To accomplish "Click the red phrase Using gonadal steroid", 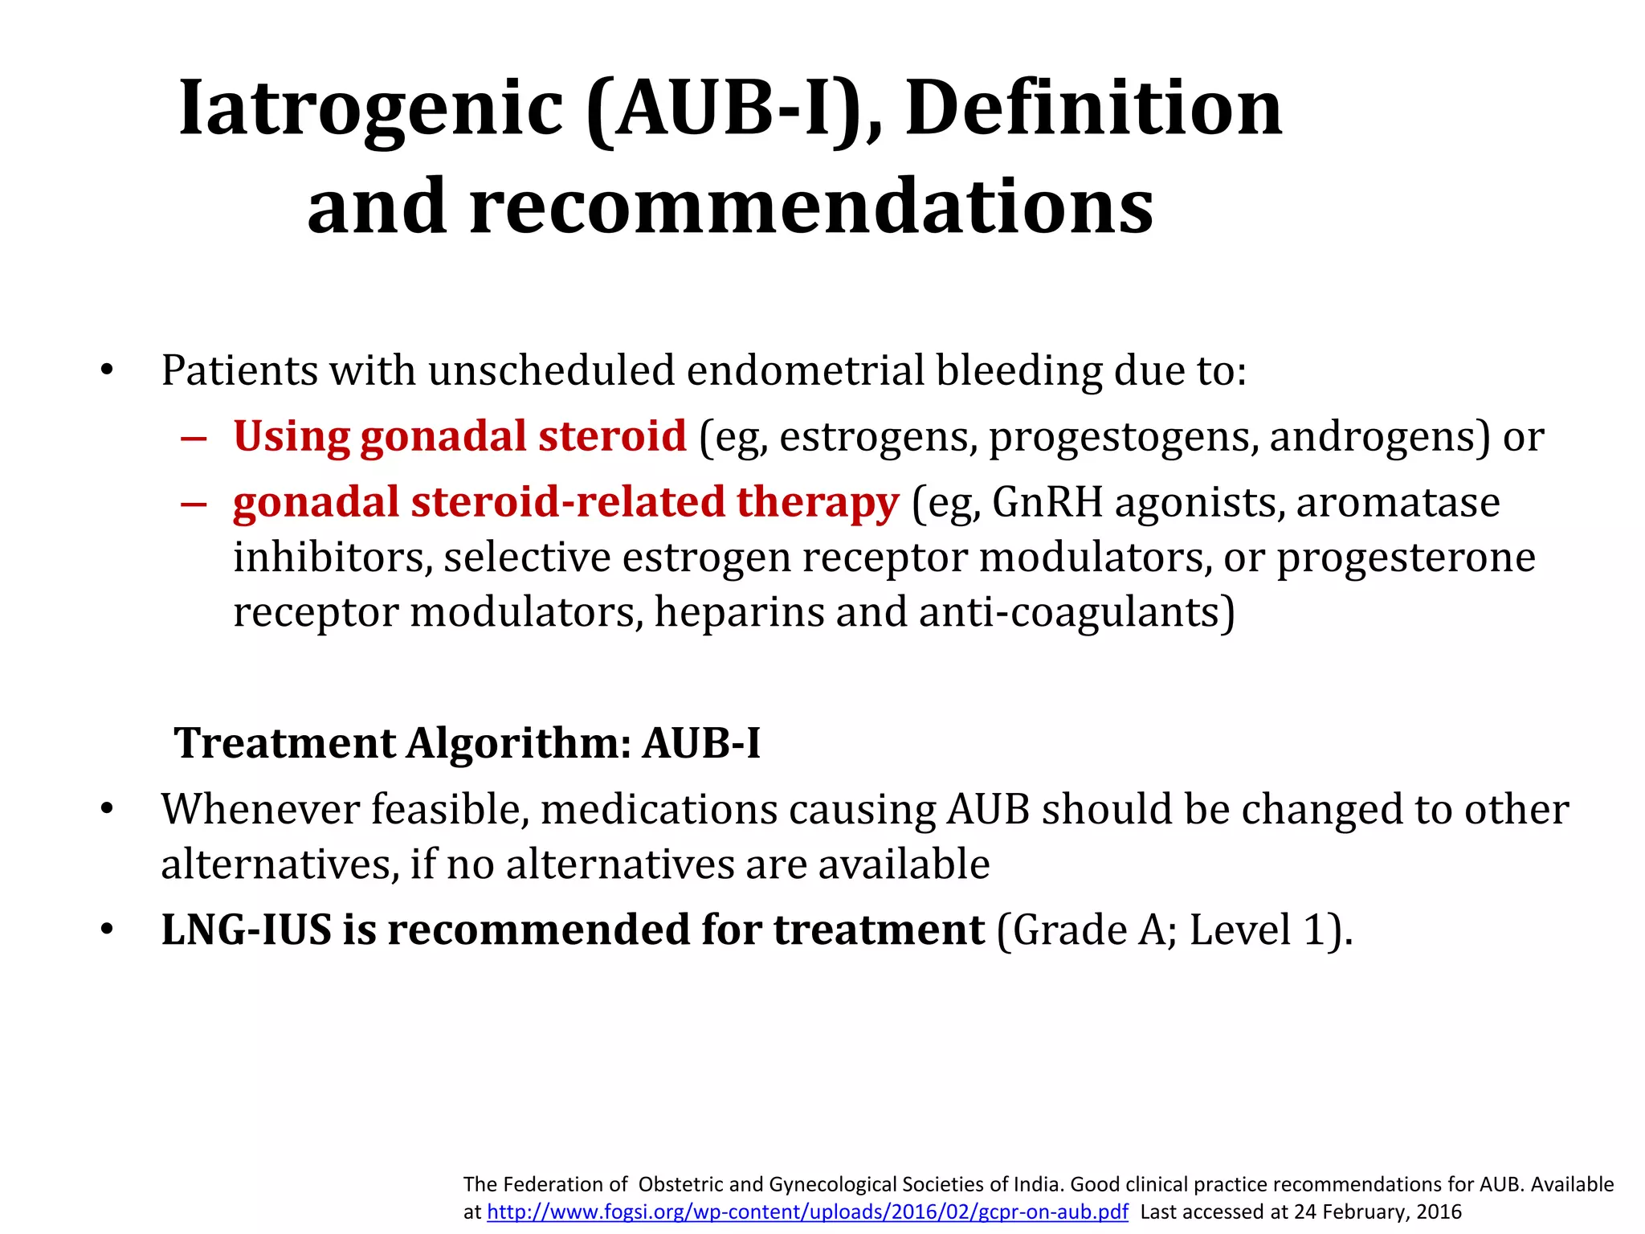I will pyautogui.click(x=459, y=436).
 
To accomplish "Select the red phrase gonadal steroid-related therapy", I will pyautogui.click(x=565, y=502).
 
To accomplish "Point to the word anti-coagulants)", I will pyautogui.click(x=1076, y=612).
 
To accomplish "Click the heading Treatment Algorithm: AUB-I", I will pyautogui.click(x=467, y=743).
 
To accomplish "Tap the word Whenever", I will pyautogui.click(x=259, y=809).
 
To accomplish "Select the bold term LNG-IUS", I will pyautogui.click(x=246, y=930).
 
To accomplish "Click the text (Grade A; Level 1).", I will pyautogui.click(x=1174, y=930).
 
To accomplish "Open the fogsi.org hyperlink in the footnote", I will pyautogui.click(x=807, y=1212).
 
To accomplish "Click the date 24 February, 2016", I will pyautogui.click(x=1378, y=1212).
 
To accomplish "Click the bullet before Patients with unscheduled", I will pyautogui.click(x=107, y=371).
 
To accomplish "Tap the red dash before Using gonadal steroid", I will pyautogui.click(x=194, y=439).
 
